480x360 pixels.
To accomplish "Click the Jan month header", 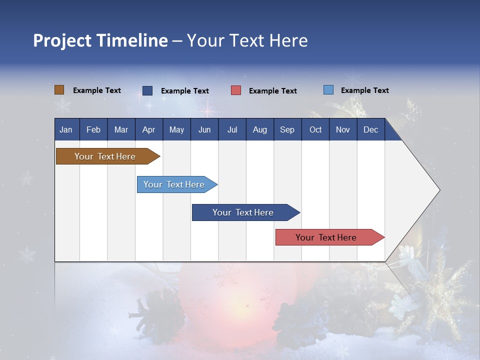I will [66, 129].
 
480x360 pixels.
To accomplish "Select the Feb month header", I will [93, 129].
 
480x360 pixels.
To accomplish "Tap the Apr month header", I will [148, 129].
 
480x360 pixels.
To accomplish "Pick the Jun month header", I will [204, 129].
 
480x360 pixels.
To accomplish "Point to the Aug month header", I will [259, 129].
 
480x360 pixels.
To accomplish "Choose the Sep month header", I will [287, 129].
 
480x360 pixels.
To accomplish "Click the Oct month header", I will [315, 129].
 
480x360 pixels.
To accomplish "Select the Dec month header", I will [370, 129].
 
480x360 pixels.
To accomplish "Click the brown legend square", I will [59, 90].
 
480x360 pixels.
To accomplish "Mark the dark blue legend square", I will [147, 90].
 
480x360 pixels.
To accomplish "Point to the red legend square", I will [236, 90].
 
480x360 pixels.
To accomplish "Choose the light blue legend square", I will [328, 90].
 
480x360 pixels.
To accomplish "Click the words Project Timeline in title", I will [100, 40].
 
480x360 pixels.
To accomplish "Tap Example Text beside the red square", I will [272, 91].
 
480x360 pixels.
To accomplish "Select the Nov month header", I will [342, 129].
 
